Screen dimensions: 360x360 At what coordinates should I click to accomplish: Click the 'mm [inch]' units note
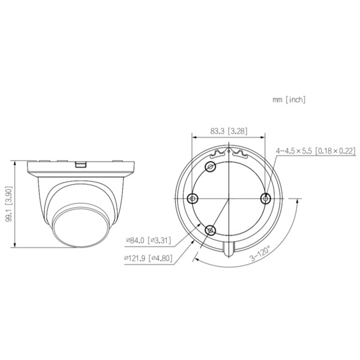pyautogui.click(x=289, y=100)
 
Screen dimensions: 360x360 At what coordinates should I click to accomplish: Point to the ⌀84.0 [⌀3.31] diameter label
pyautogui.click(x=148, y=240)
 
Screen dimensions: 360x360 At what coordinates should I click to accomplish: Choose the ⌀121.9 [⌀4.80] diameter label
pyautogui.click(x=148, y=258)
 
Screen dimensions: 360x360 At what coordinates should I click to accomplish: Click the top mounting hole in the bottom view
pyautogui.click(x=211, y=167)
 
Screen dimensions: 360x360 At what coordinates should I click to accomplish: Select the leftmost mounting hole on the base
pyautogui.click(x=192, y=199)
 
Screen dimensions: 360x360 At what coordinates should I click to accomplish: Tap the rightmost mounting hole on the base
pyautogui.click(x=265, y=197)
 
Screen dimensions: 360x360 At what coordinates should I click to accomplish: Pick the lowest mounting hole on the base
pyautogui.click(x=210, y=230)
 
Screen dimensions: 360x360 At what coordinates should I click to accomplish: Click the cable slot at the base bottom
pyautogui.click(x=229, y=247)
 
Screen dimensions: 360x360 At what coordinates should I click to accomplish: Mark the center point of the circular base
pyautogui.click(x=229, y=199)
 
